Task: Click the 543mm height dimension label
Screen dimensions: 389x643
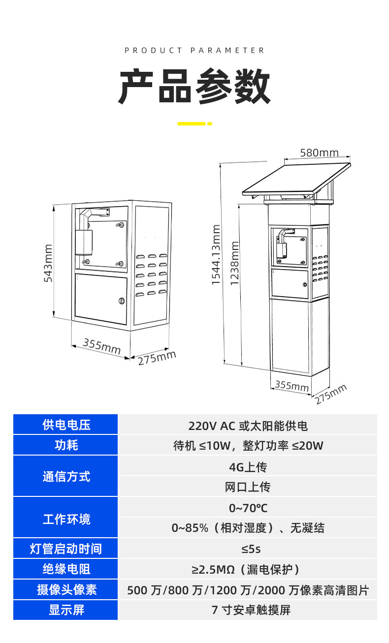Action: coord(48,263)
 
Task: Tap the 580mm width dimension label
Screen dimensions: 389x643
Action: coord(319,153)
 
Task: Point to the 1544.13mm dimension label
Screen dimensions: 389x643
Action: coord(216,255)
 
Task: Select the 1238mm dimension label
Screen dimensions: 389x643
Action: coord(235,263)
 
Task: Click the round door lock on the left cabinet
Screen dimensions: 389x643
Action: coord(122,301)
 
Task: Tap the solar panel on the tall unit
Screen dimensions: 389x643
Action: coord(296,179)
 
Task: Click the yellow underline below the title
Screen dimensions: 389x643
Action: coord(194,123)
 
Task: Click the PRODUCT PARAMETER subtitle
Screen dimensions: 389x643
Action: coord(194,51)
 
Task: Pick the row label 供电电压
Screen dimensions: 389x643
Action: coord(66,425)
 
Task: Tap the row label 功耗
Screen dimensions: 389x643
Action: coord(66,445)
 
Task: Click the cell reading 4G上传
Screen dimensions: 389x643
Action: coord(248,467)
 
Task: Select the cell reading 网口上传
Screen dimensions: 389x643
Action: coord(248,487)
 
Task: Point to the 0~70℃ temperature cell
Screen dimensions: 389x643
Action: coord(248,508)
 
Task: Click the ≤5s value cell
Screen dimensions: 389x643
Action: coord(251,549)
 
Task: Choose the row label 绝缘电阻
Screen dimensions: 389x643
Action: coord(66,569)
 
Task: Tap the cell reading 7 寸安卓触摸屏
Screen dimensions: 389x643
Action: coord(251,610)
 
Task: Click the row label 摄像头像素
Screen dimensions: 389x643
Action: coord(66,589)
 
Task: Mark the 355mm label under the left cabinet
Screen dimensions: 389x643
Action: coord(102,346)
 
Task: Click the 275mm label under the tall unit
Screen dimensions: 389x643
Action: coord(330,394)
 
